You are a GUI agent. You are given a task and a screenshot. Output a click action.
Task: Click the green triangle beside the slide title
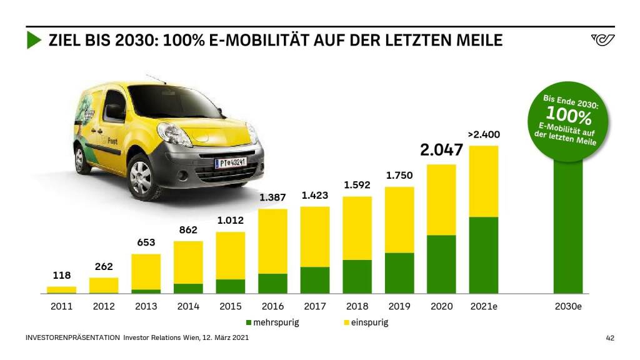34,41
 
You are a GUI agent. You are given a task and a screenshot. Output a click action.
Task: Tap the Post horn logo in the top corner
602,41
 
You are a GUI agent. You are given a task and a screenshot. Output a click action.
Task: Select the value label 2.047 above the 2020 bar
441,150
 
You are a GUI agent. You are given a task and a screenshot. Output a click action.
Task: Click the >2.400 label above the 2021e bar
484,134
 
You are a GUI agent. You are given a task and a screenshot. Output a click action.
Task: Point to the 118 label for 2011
61,275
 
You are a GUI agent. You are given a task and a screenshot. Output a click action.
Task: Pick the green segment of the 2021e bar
483,255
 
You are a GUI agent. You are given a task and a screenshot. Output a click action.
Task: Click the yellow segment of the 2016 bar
272,241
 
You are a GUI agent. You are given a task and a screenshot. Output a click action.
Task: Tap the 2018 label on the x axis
357,306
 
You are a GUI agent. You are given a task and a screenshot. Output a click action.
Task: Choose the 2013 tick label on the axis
146,306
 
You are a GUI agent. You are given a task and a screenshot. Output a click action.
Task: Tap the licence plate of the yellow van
231,162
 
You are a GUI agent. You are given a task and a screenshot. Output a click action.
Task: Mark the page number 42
610,338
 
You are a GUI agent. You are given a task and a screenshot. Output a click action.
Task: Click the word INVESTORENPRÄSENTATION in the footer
72,338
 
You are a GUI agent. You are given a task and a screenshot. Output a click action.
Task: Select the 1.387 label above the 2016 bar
272,197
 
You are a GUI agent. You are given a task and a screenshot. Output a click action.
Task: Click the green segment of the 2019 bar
399,273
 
